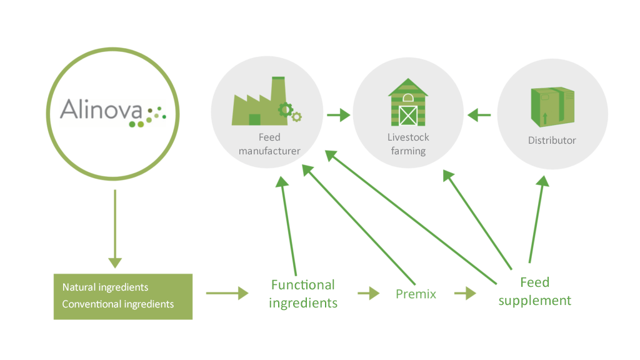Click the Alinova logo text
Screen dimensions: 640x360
click(101, 109)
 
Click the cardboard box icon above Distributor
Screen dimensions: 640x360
click(552, 106)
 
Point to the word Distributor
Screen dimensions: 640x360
click(552, 141)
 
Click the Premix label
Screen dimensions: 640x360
click(416, 294)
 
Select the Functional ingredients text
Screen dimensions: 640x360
click(303, 294)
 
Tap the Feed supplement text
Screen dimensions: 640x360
click(535, 291)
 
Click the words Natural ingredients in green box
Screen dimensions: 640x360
click(105, 287)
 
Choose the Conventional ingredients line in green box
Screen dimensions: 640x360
click(118, 304)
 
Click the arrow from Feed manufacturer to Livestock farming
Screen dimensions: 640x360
click(338, 115)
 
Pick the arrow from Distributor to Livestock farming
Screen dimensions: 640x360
click(479, 115)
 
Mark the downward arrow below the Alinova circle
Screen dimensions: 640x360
click(115, 229)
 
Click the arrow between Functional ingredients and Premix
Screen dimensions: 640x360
click(369, 293)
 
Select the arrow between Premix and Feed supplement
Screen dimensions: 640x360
click(465, 293)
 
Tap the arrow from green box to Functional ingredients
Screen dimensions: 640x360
click(227, 293)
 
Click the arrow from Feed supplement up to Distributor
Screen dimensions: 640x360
click(539, 219)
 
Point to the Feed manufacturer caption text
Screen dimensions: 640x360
click(269, 144)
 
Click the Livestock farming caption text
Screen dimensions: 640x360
click(408, 144)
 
